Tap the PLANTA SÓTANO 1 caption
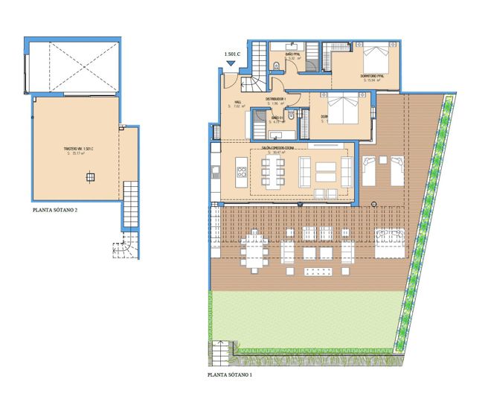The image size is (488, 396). click(236, 377)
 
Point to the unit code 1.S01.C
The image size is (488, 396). click(234, 54)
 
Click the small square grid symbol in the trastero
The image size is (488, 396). click(90, 177)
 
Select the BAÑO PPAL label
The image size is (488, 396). click(293, 55)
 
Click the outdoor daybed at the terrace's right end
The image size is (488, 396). click(390, 245)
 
